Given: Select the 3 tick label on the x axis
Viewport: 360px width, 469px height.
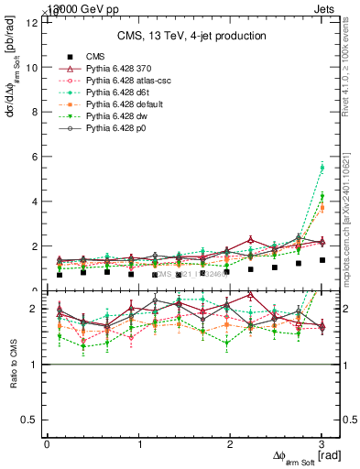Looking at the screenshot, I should [322, 444].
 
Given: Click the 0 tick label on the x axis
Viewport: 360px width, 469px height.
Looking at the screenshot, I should [47, 444].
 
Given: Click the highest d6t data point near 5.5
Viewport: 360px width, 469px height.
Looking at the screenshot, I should [322, 168].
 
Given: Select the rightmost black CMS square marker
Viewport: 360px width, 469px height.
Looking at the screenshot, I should [322, 260].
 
